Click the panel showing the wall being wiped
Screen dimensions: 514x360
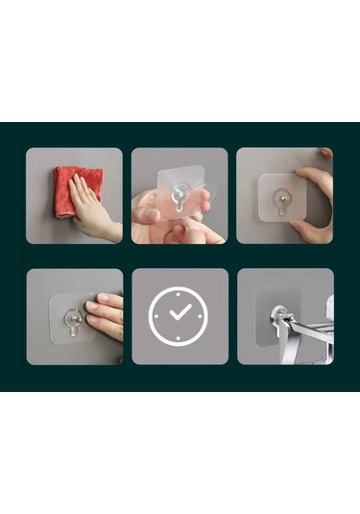74,195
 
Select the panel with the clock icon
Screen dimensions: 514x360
180,316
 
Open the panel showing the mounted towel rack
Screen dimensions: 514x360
284,316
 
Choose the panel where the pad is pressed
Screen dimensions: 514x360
74,316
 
